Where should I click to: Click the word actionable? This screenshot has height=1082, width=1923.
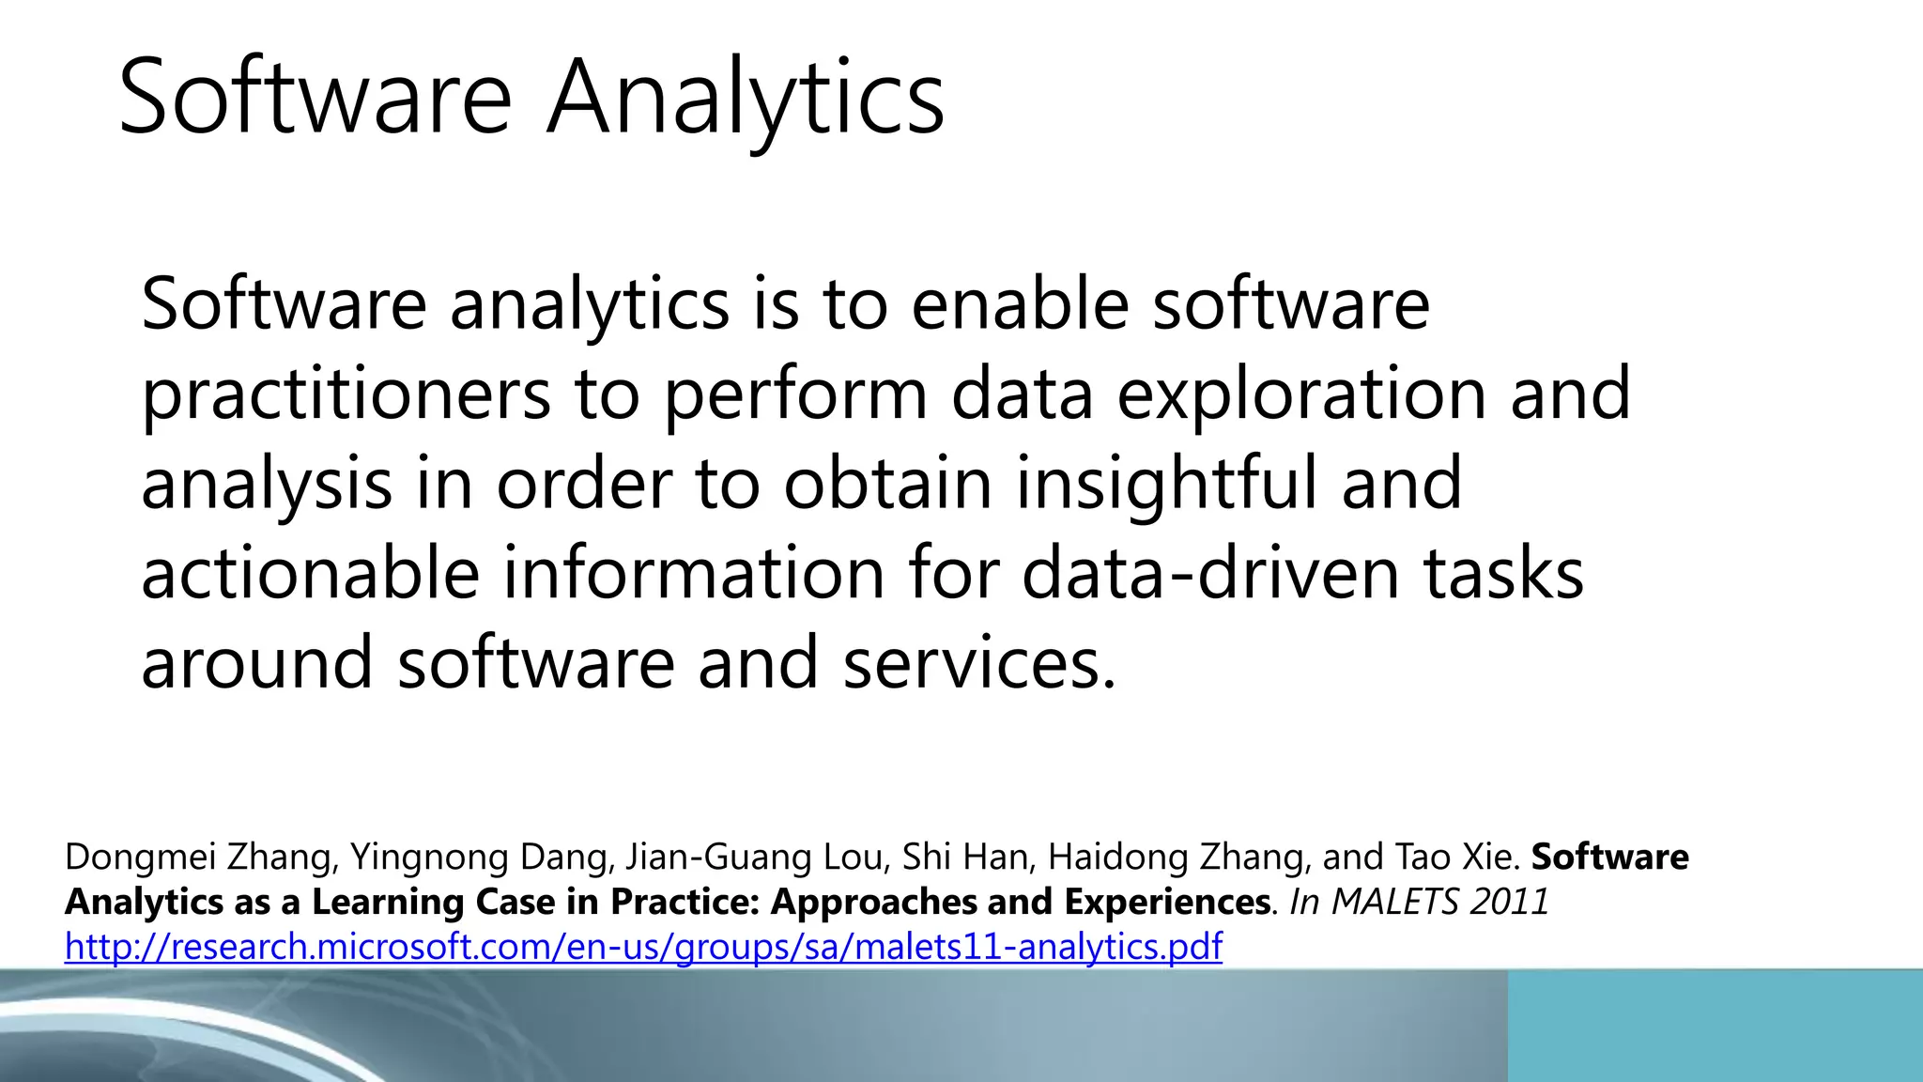coord(310,573)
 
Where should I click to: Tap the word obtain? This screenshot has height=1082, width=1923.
coord(887,484)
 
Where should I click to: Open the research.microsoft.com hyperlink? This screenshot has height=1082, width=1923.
coord(643,947)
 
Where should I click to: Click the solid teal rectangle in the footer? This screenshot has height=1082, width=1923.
coord(1715,1026)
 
